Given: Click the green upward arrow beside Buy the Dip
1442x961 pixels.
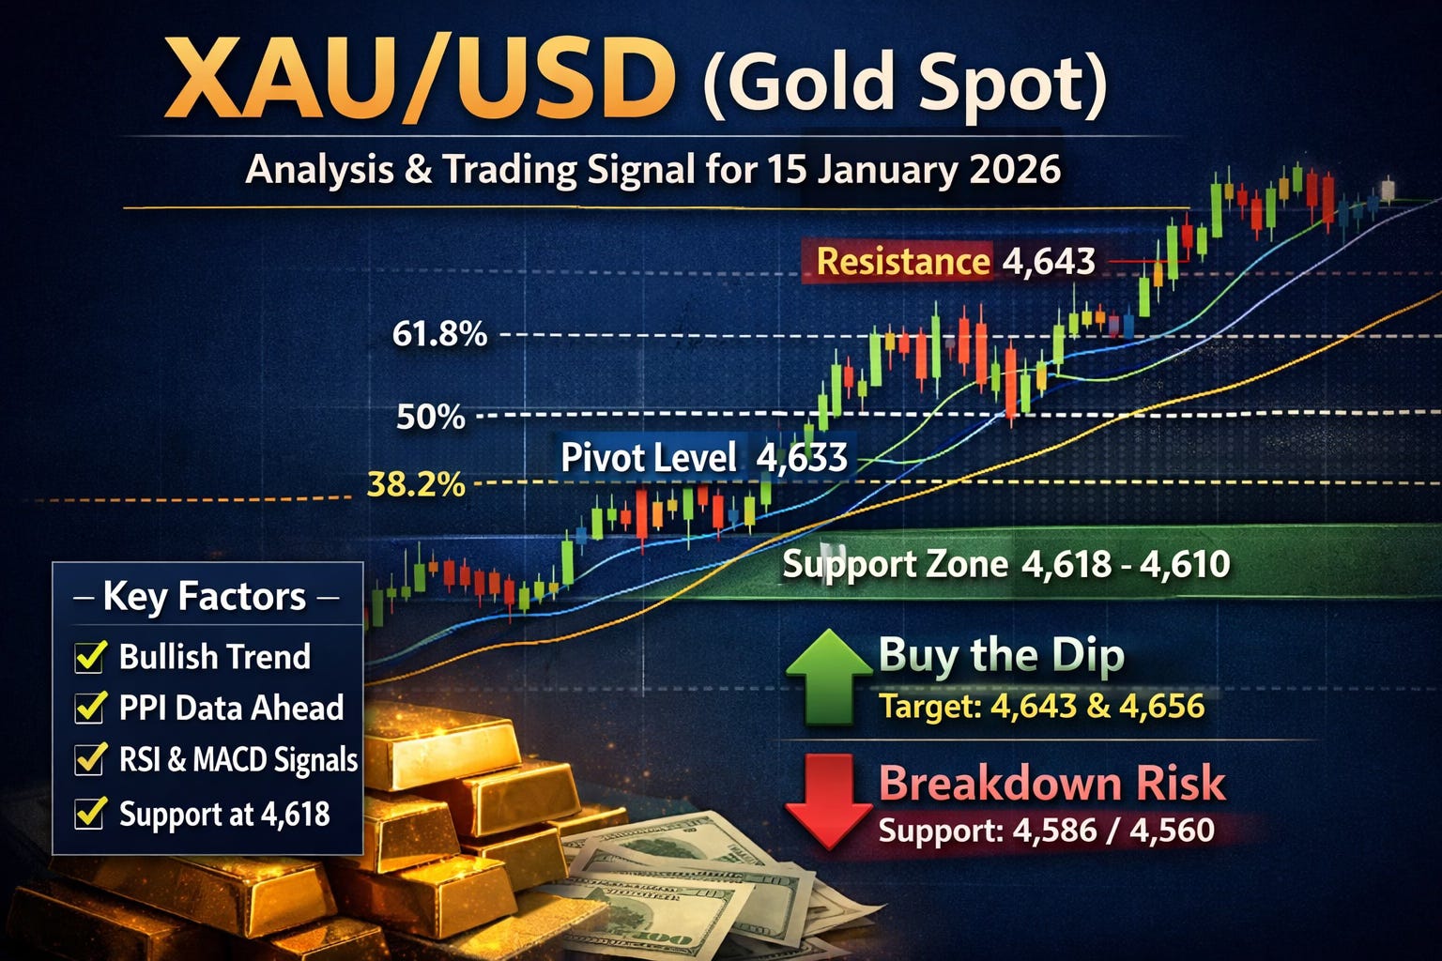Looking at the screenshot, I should click(828, 678).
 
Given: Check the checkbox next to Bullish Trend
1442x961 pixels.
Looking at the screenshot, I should click(89, 657).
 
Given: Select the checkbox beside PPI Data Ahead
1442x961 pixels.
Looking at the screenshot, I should click(89, 708).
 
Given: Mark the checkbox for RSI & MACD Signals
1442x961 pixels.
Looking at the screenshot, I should click(89, 758).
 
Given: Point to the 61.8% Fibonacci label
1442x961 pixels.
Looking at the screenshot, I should click(439, 334).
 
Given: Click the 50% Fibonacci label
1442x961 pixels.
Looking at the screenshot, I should click(431, 416).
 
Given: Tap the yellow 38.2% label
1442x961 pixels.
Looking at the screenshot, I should click(416, 484).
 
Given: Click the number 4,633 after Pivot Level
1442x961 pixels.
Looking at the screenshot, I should click(802, 458).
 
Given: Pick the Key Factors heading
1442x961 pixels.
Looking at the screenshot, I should click(205, 597).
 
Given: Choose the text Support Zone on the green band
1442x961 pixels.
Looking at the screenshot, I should click(895, 564).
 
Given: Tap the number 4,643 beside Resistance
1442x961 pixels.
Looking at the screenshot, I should click(1049, 261).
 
